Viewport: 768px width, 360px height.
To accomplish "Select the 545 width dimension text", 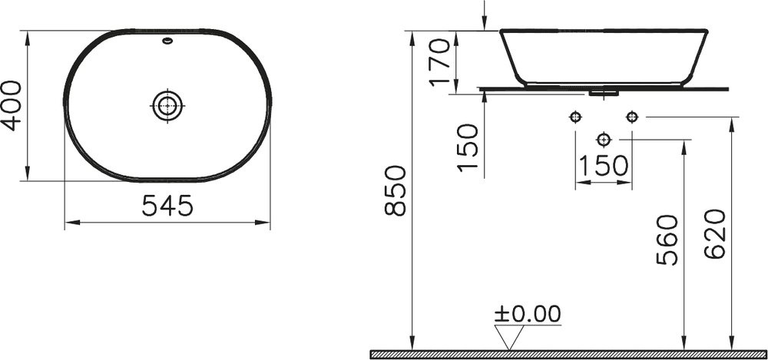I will (x=167, y=206).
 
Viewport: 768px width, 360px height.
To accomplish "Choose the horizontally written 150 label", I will (x=603, y=165).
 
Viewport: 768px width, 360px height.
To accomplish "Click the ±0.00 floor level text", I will (x=527, y=314).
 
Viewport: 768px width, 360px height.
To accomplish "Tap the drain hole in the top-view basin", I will (x=167, y=104).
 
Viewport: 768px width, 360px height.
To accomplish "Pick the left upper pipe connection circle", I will (x=574, y=117).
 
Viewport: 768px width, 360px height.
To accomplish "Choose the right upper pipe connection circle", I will (x=631, y=117).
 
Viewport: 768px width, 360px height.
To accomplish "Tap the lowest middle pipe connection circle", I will (x=603, y=140).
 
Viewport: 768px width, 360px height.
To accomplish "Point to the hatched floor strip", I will (x=568, y=354).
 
